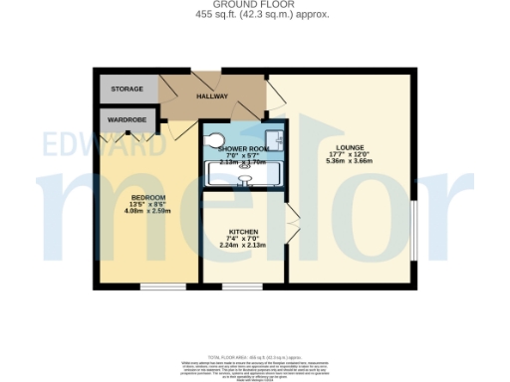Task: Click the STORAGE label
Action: point(127,89)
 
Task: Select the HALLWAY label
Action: point(212,96)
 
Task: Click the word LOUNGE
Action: point(350,148)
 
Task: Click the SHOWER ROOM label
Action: point(244,148)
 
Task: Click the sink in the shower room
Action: point(275,140)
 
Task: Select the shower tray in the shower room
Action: point(245,177)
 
